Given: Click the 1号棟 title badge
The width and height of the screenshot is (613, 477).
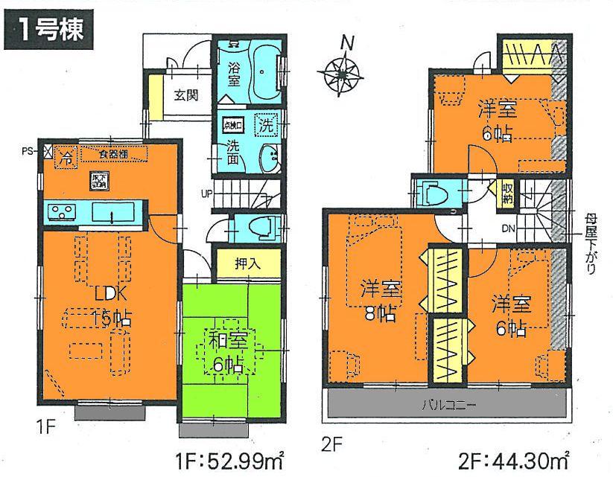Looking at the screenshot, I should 50,31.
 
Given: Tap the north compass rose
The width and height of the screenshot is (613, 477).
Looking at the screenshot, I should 343,72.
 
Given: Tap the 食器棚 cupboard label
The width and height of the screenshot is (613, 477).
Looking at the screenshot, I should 115,155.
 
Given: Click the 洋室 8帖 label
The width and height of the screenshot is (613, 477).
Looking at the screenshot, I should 378,298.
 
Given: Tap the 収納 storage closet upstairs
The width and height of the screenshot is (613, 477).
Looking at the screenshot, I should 506,195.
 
